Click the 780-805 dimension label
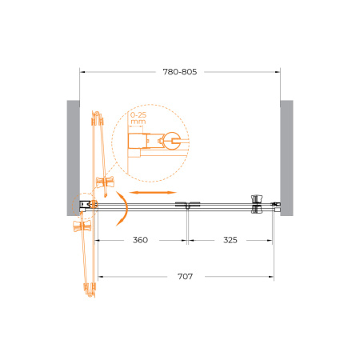[x=180, y=72]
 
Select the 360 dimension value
[x=140, y=240]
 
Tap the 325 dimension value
[x=230, y=240]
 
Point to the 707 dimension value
[x=185, y=277]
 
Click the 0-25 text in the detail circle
[x=138, y=115]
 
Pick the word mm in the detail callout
[x=138, y=122]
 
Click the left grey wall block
[x=73, y=158]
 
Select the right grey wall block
[x=286, y=158]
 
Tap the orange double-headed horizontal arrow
[x=153, y=192]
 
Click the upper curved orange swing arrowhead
[x=120, y=196]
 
